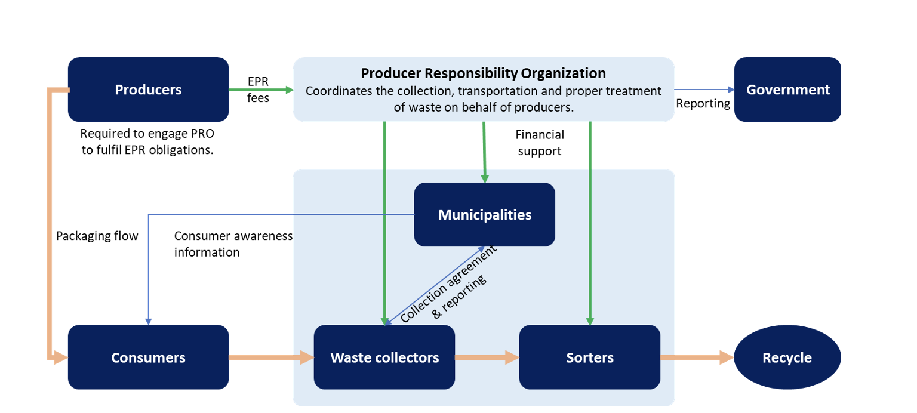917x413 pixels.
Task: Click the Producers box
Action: click(148, 90)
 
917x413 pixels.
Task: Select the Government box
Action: click(787, 90)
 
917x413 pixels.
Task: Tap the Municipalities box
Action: click(484, 214)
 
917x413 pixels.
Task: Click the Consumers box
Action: click(148, 357)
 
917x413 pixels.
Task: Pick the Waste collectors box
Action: click(384, 357)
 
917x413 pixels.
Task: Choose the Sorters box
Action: click(589, 357)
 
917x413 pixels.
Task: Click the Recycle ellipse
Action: click(787, 357)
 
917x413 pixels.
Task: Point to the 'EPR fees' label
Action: click(258, 90)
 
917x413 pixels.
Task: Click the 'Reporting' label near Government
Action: click(703, 104)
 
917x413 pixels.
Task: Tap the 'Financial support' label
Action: click(540, 143)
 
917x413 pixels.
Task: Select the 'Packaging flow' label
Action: click(97, 236)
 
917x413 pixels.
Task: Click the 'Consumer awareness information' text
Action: click(233, 244)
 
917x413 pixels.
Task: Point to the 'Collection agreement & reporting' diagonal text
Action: click(445, 284)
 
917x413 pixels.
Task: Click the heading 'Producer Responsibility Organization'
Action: click(483, 73)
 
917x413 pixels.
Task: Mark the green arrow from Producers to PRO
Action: click(261, 90)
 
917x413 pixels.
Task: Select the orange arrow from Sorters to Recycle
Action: click(696, 357)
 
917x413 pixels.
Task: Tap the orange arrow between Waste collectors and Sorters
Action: click(487, 357)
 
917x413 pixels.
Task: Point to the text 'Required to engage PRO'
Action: click(147, 134)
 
